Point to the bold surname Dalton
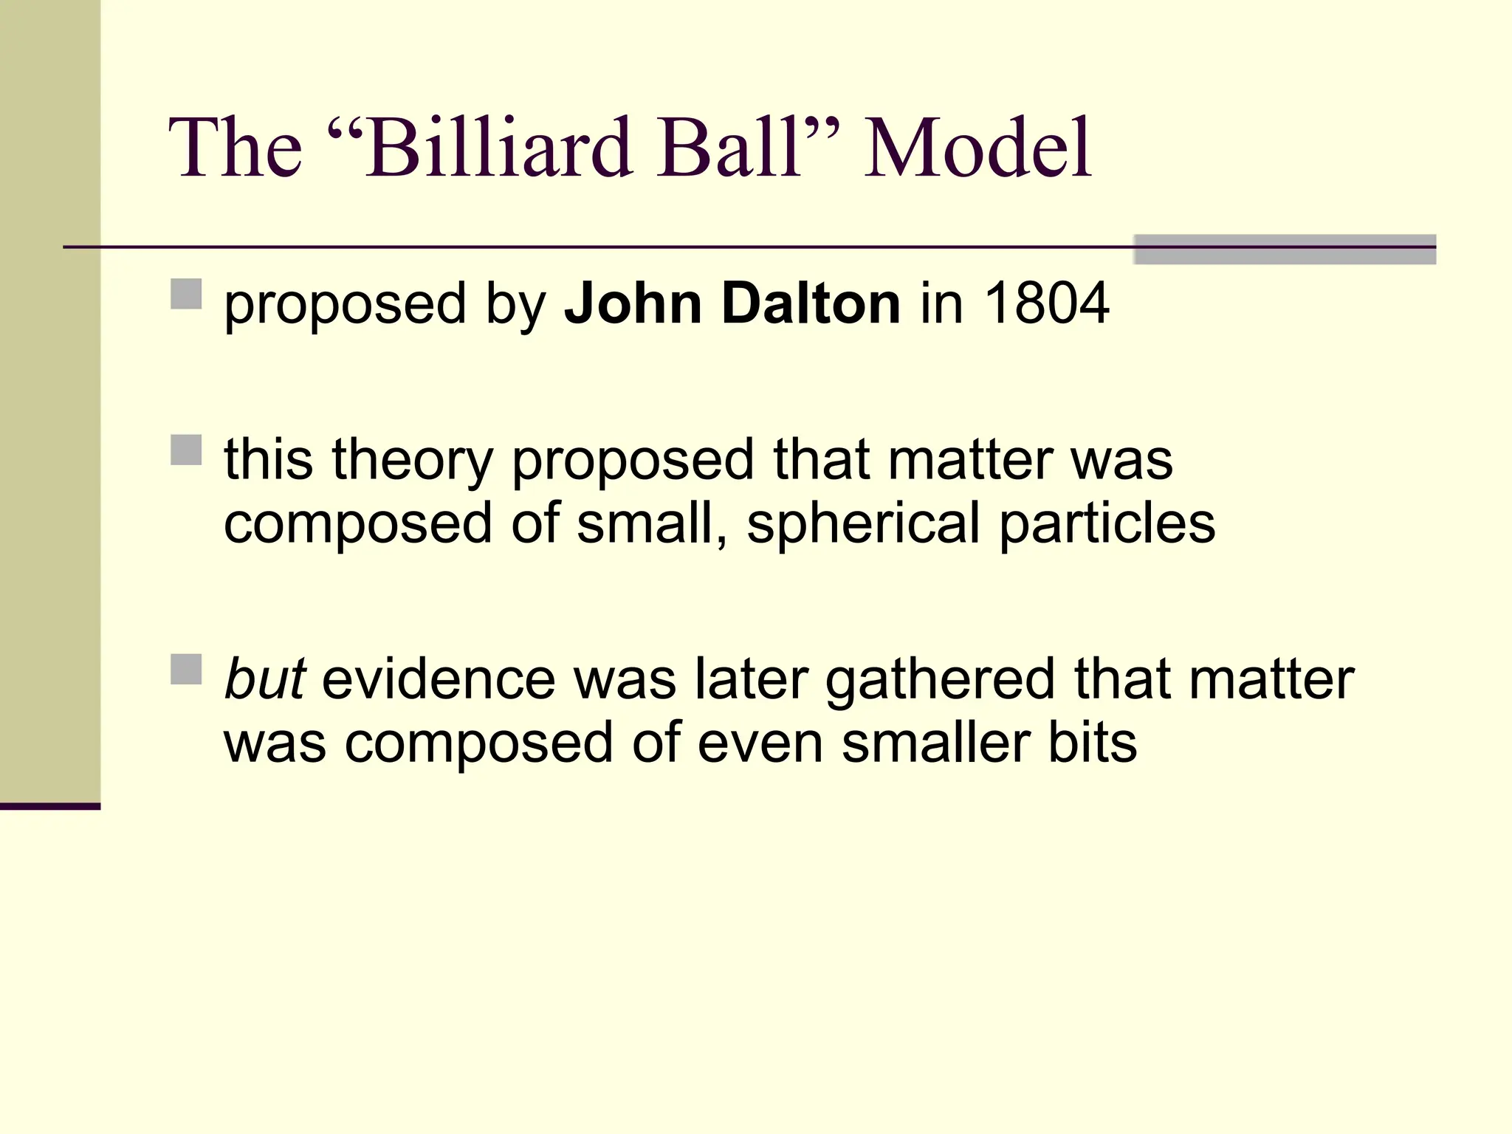(x=811, y=303)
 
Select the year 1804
(x=1047, y=303)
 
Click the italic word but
(x=264, y=678)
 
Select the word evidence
(x=439, y=678)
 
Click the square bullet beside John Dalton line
(x=186, y=294)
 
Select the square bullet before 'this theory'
(x=186, y=450)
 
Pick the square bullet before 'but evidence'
(x=186, y=669)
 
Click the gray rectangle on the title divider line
(x=1285, y=250)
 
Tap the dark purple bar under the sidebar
(x=49, y=806)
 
